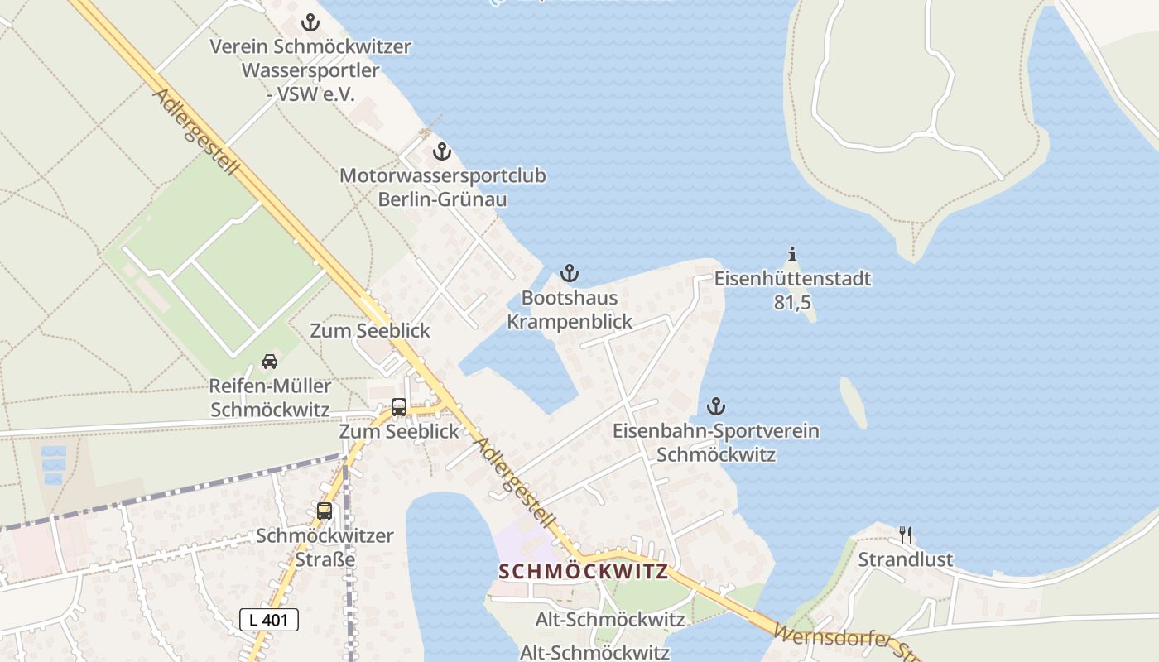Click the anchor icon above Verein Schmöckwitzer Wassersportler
click(310, 22)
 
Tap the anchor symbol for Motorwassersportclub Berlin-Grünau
click(441, 152)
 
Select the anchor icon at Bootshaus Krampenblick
click(569, 273)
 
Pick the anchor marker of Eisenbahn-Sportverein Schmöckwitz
click(716, 406)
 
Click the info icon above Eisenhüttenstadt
click(792, 255)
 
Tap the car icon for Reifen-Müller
click(270, 362)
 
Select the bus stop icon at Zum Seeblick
click(399, 407)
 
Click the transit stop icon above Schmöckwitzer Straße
click(325, 511)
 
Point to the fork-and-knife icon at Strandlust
click(906, 535)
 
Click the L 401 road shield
click(269, 619)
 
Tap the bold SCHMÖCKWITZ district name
click(584, 572)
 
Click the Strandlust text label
click(906, 559)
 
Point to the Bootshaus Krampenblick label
click(570, 309)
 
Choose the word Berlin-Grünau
click(442, 199)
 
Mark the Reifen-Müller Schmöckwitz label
click(270, 398)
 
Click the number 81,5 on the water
click(792, 303)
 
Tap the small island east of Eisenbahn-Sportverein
click(854, 402)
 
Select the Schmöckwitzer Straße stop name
click(325, 547)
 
